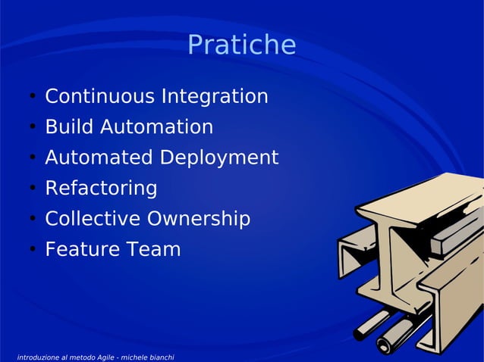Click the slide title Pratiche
[x=241, y=45]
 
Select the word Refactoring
[x=101, y=189]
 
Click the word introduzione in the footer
[x=37, y=356]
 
